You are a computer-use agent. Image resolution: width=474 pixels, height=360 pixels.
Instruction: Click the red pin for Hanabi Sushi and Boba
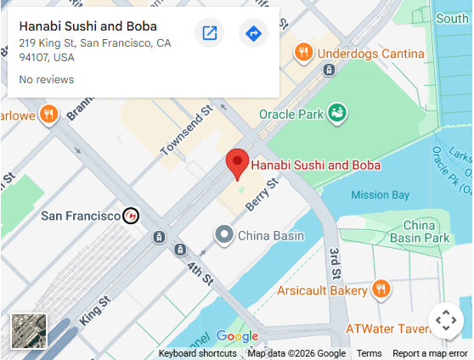point(237,162)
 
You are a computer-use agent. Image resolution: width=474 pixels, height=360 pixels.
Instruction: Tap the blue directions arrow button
point(252,33)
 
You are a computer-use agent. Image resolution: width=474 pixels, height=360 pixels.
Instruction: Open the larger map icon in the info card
point(209,33)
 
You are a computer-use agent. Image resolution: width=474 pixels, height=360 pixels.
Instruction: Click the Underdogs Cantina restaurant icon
point(302,53)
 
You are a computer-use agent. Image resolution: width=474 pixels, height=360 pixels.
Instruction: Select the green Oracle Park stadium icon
point(337,111)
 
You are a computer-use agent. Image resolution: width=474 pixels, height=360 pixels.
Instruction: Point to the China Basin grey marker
point(224,234)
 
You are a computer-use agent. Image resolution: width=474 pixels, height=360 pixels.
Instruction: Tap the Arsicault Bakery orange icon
point(381,290)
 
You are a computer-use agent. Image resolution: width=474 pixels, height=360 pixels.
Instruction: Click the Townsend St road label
point(185,131)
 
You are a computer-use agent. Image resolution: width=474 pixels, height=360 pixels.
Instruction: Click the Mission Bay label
point(380,194)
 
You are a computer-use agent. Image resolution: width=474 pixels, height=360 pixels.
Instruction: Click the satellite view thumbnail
point(29,331)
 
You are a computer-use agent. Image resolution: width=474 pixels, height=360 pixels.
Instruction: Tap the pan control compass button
point(445,320)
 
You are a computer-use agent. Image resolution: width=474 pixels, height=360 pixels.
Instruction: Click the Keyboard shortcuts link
point(197,353)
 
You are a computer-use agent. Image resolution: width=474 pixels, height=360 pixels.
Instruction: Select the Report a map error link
point(430,353)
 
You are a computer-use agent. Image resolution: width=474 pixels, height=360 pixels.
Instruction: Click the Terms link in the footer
point(369,353)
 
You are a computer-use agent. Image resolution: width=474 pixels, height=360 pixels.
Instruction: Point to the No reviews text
point(46,80)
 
